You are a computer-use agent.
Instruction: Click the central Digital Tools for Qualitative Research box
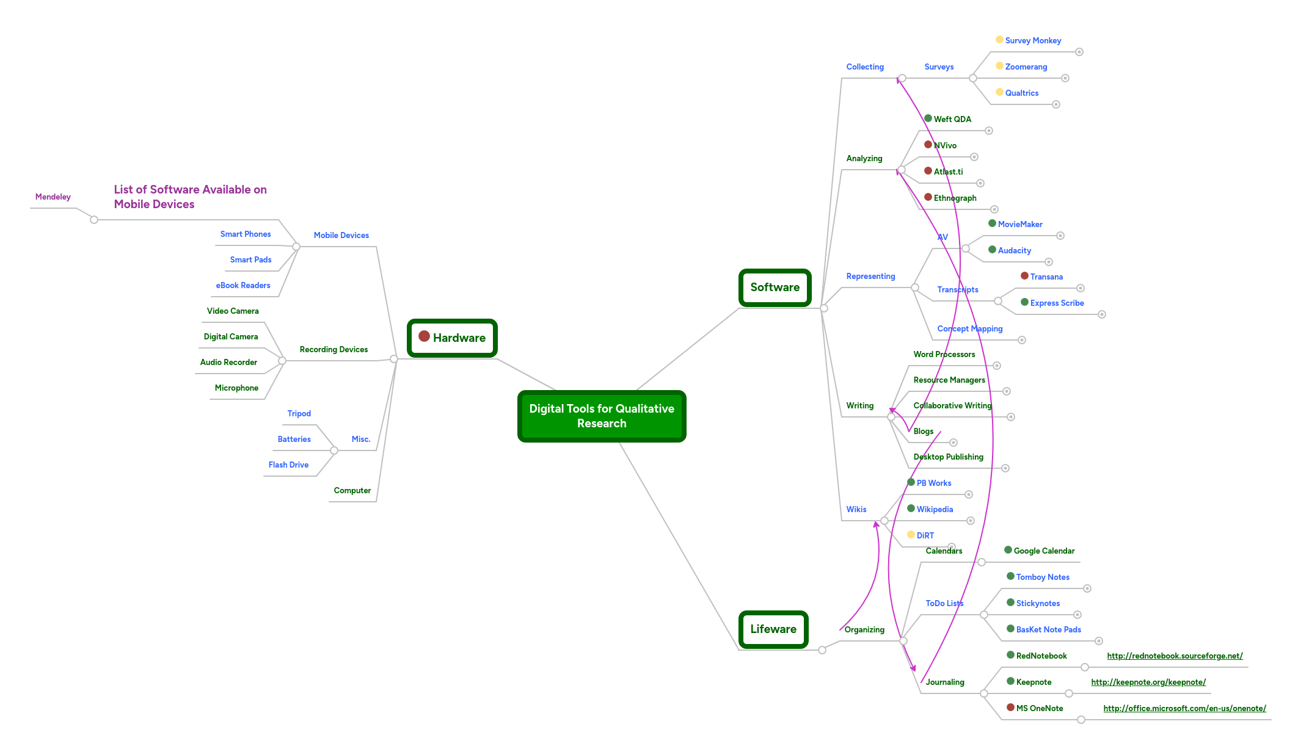click(x=602, y=416)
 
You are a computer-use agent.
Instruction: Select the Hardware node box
click(x=452, y=338)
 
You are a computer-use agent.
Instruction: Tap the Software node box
click(x=775, y=288)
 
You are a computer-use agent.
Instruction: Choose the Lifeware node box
click(x=773, y=629)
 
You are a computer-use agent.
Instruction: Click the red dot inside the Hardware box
click(x=424, y=336)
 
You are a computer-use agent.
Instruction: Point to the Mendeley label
click(x=53, y=197)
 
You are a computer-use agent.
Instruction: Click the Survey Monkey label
click(x=1033, y=41)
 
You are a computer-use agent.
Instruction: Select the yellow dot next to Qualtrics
click(x=999, y=92)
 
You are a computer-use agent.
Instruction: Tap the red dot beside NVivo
click(x=928, y=145)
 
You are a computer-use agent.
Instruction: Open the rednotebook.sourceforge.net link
click(x=1175, y=656)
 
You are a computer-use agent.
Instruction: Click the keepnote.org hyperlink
click(x=1148, y=682)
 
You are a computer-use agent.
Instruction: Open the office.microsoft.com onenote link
click(x=1184, y=709)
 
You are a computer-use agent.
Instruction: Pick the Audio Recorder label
click(x=228, y=363)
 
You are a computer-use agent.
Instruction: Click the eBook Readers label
click(x=242, y=286)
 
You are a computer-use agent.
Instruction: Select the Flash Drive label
click(x=288, y=465)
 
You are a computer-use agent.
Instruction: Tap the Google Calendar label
click(x=1044, y=551)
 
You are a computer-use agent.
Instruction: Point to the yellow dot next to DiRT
click(x=911, y=535)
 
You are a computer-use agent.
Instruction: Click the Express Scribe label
click(x=1057, y=303)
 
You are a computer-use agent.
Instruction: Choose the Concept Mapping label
click(x=970, y=329)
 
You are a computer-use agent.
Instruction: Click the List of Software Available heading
click(x=190, y=197)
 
